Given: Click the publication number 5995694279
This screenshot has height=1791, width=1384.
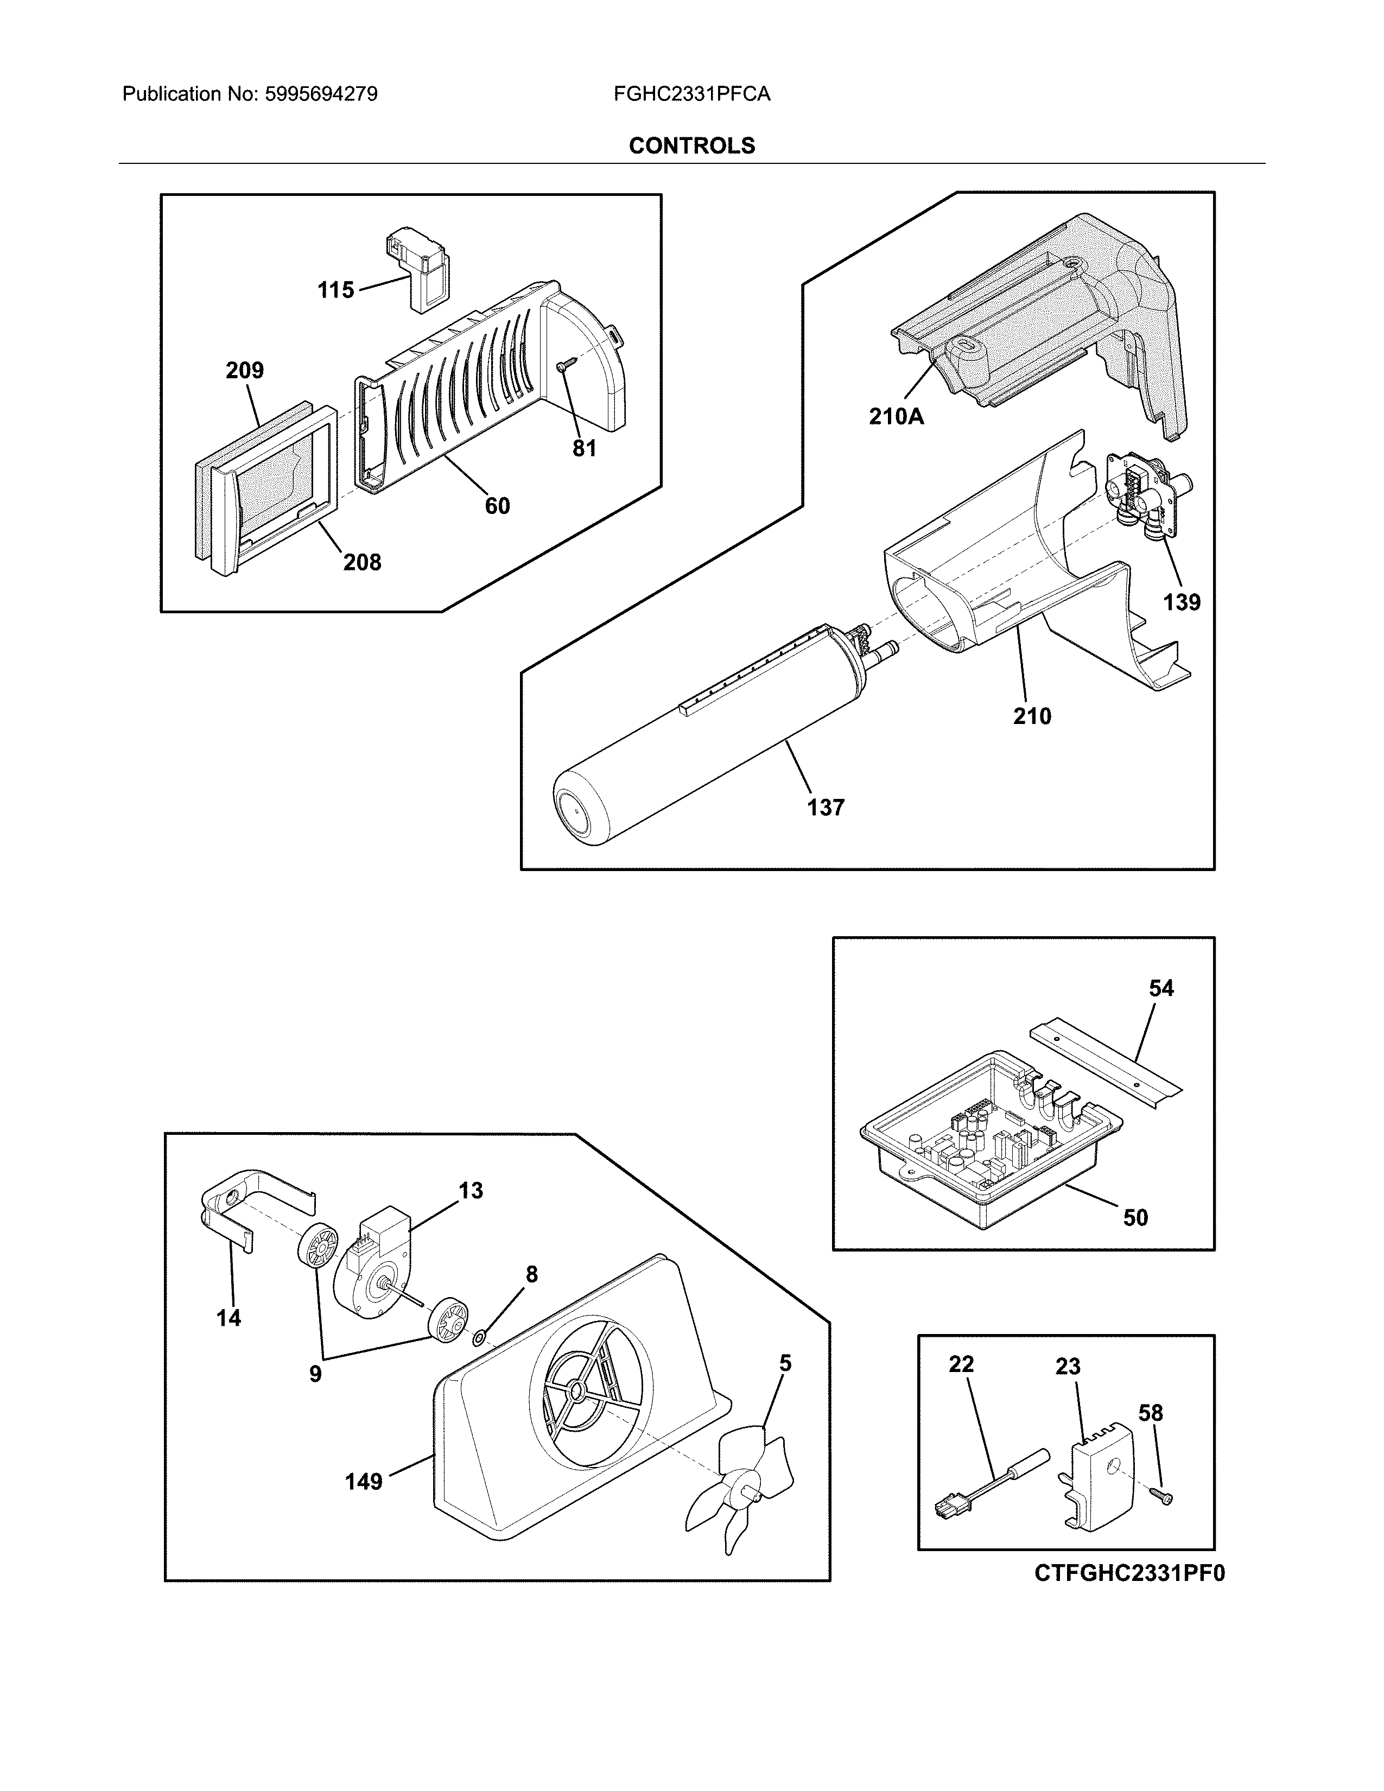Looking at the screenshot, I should (x=321, y=94).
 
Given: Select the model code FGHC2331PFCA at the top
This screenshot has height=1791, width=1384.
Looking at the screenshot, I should (x=691, y=94).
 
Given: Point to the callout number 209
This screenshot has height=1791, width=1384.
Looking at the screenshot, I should (x=244, y=371).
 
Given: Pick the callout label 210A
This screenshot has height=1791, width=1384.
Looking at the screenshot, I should (x=896, y=417).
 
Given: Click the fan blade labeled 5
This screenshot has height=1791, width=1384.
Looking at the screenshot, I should (x=742, y=1488).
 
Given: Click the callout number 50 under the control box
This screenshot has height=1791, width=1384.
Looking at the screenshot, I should (x=1135, y=1218).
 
